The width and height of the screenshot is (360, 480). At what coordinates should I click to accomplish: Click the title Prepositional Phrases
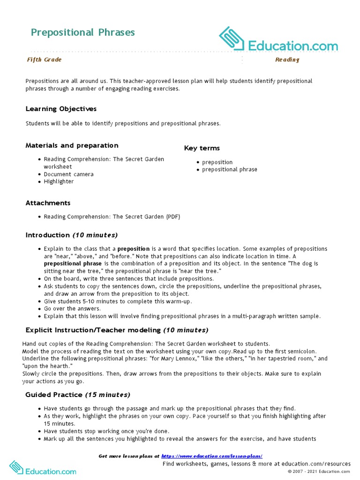pyautogui.click(x=82, y=32)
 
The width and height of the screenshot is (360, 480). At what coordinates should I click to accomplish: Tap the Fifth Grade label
pyautogui.click(x=44, y=60)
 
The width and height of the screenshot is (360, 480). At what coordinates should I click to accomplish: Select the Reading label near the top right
pyautogui.click(x=287, y=60)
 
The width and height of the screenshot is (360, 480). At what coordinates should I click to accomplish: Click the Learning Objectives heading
pyautogui.click(x=61, y=109)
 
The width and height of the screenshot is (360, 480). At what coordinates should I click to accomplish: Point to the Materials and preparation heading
pyautogui.click(x=72, y=145)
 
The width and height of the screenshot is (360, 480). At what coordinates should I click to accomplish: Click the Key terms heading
pyautogui.click(x=202, y=148)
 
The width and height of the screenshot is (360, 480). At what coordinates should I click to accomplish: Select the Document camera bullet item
pyautogui.click(x=68, y=174)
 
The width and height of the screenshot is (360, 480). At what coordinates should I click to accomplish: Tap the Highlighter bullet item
pyautogui.click(x=59, y=181)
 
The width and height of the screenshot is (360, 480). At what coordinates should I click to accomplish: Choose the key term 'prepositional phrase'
pyautogui.click(x=229, y=169)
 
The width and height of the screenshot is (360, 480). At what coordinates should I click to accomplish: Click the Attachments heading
pyautogui.click(x=48, y=203)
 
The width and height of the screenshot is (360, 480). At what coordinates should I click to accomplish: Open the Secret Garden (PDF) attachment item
pyautogui.click(x=112, y=217)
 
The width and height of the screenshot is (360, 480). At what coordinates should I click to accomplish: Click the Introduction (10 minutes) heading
pyautogui.click(x=71, y=235)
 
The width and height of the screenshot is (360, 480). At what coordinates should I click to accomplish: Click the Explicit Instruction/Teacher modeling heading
pyautogui.click(x=117, y=330)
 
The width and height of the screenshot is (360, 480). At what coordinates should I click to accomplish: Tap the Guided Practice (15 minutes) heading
pyautogui.click(x=78, y=395)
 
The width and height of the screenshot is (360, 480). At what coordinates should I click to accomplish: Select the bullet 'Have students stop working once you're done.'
pyautogui.click(x=106, y=431)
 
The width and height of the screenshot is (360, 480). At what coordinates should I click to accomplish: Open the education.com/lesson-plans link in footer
pyautogui.click(x=211, y=456)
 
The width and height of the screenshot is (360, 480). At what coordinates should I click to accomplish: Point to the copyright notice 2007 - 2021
pyautogui.click(x=319, y=471)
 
